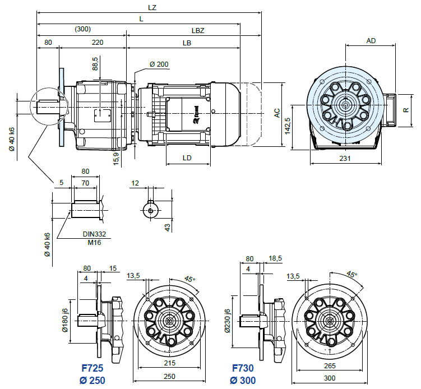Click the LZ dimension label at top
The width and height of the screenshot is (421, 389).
click(x=151, y=8)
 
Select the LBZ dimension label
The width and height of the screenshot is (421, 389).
click(x=197, y=30)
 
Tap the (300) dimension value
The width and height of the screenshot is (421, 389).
click(x=82, y=29)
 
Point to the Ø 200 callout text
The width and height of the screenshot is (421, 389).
click(x=159, y=64)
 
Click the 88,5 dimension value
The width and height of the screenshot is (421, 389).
click(x=95, y=63)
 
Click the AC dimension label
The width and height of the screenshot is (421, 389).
click(x=277, y=113)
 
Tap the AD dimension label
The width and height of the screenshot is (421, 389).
click(x=371, y=40)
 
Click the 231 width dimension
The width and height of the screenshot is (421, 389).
click(x=345, y=159)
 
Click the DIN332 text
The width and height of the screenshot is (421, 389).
click(x=94, y=234)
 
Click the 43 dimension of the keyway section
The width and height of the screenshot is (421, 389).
click(x=168, y=227)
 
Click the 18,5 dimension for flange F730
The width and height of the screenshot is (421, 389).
click(x=275, y=258)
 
